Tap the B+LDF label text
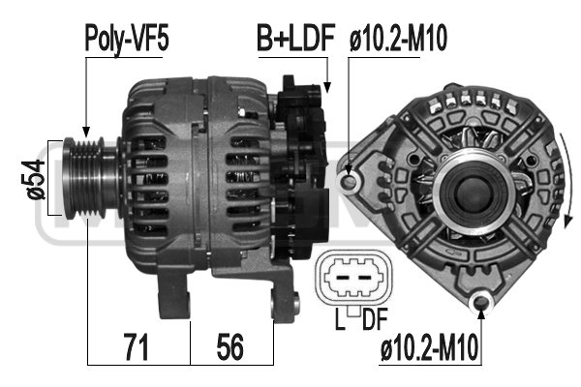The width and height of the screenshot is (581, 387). click(x=294, y=39)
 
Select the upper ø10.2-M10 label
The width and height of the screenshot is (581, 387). click(x=398, y=39)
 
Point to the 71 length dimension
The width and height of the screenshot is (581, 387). click(x=137, y=345)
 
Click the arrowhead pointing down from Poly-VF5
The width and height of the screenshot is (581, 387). click(x=86, y=130)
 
